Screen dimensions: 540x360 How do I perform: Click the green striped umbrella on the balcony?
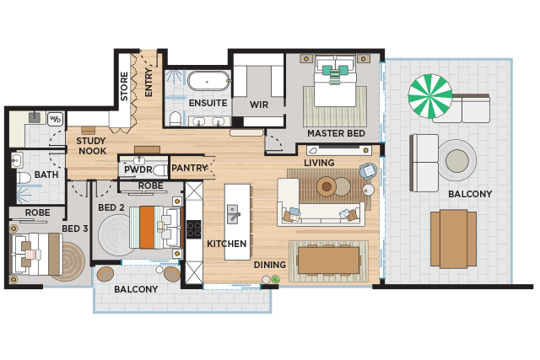pyautogui.click(x=430, y=96)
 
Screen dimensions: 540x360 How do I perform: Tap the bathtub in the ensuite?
pyautogui.click(x=208, y=81)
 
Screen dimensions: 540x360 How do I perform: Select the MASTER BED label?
pyautogui.click(x=336, y=133)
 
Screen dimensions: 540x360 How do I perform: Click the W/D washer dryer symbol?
pyautogui.click(x=55, y=119)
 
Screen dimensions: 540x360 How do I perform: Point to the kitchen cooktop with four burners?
pyautogui.click(x=194, y=229)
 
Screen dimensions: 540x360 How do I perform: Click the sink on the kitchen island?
pyautogui.click(x=233, y=214)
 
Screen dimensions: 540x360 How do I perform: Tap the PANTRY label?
pyautogui.click(x=190, y=168)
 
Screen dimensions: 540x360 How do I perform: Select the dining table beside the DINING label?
pyautogui.click(x=328, y=261)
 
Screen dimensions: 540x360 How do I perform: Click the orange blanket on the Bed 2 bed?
pyautogui.click(x=147, y=227)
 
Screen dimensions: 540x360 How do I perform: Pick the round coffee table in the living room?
pyautogui.click(x=327, y=187)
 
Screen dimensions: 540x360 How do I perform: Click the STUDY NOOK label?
pyautogui.click(x=92, y=146)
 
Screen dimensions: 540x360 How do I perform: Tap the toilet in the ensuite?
pyautogui.click(x=175, y=119)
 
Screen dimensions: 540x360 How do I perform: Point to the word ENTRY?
pyautogui.click(x=148, y=82)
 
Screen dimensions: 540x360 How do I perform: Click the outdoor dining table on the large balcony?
pyautogui.click(x=454, y=239)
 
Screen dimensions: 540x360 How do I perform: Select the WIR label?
pyautogui.click(x=259, y=105)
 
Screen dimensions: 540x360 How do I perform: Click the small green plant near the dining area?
pyautogui.click(x=275, y=279)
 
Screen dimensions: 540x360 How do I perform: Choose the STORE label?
pyautogui.click(x=124, y=86)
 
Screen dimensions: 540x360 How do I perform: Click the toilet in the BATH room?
pyautogui.click(x=24, y=179)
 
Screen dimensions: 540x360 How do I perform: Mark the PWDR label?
pyautogui.click(x=138, y=169)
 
